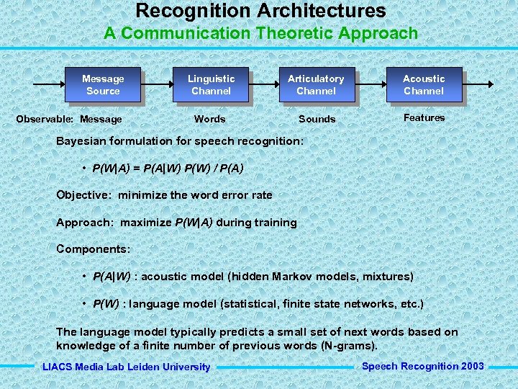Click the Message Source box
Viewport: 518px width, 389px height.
(103, 84)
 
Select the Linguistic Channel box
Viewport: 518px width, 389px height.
(211, 84)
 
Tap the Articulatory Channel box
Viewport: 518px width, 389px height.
(316, 84)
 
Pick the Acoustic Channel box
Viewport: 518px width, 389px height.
(424, 84)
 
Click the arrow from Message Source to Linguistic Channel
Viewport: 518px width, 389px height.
(157, 84)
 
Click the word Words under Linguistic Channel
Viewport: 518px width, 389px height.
(210, 119)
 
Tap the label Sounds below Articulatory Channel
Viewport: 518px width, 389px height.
(317, 119)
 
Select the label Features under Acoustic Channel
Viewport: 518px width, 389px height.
(424, 117)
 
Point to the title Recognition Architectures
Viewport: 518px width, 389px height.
(260, 11)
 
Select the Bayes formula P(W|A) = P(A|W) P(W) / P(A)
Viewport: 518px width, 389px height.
(168, 169)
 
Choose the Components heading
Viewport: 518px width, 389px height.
(94, 249)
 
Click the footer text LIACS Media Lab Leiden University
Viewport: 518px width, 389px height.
(127, 367)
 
